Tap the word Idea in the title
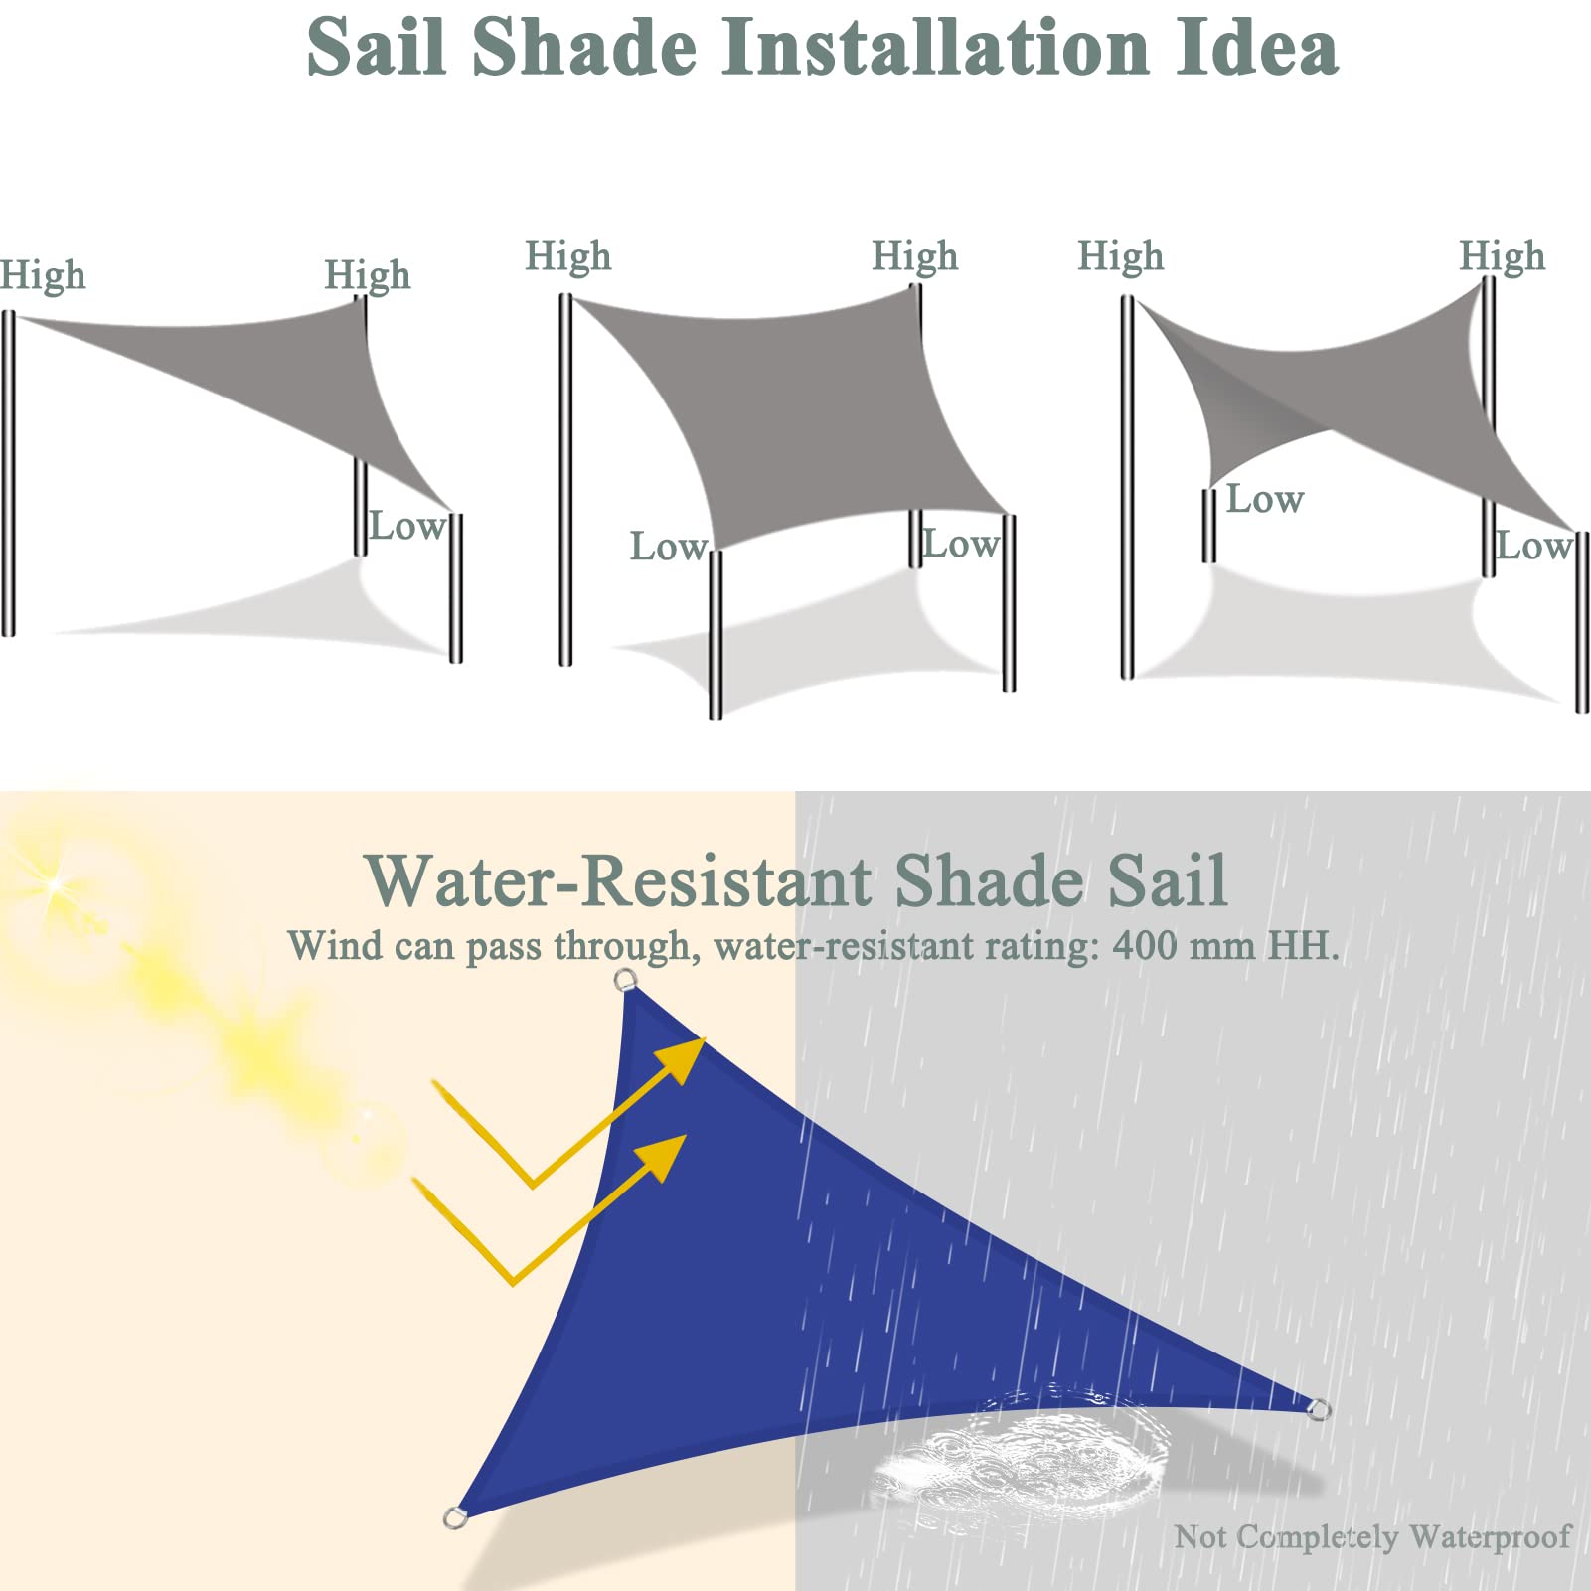pyautogui.click(x=1258, y=47)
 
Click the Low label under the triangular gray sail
pyautogui.click(x=405, y=526)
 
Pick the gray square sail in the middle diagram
pyautogui.click(x=795, y=417)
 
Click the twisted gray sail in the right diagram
pyautogui.click(x=1352, y=398)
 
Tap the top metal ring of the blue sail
pyautogui.click(x=624, y=981)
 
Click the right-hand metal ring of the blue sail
pyautogui.click(x=1319, y=1408)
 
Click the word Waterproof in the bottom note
pyautogui.click(x=1490, y=1537)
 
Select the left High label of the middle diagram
pyautogui.click(x=568, y=256)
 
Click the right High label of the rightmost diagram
pyautogui.click(x=1503, y=256)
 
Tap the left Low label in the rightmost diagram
pyautogui.click(x=1264, y=499)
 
